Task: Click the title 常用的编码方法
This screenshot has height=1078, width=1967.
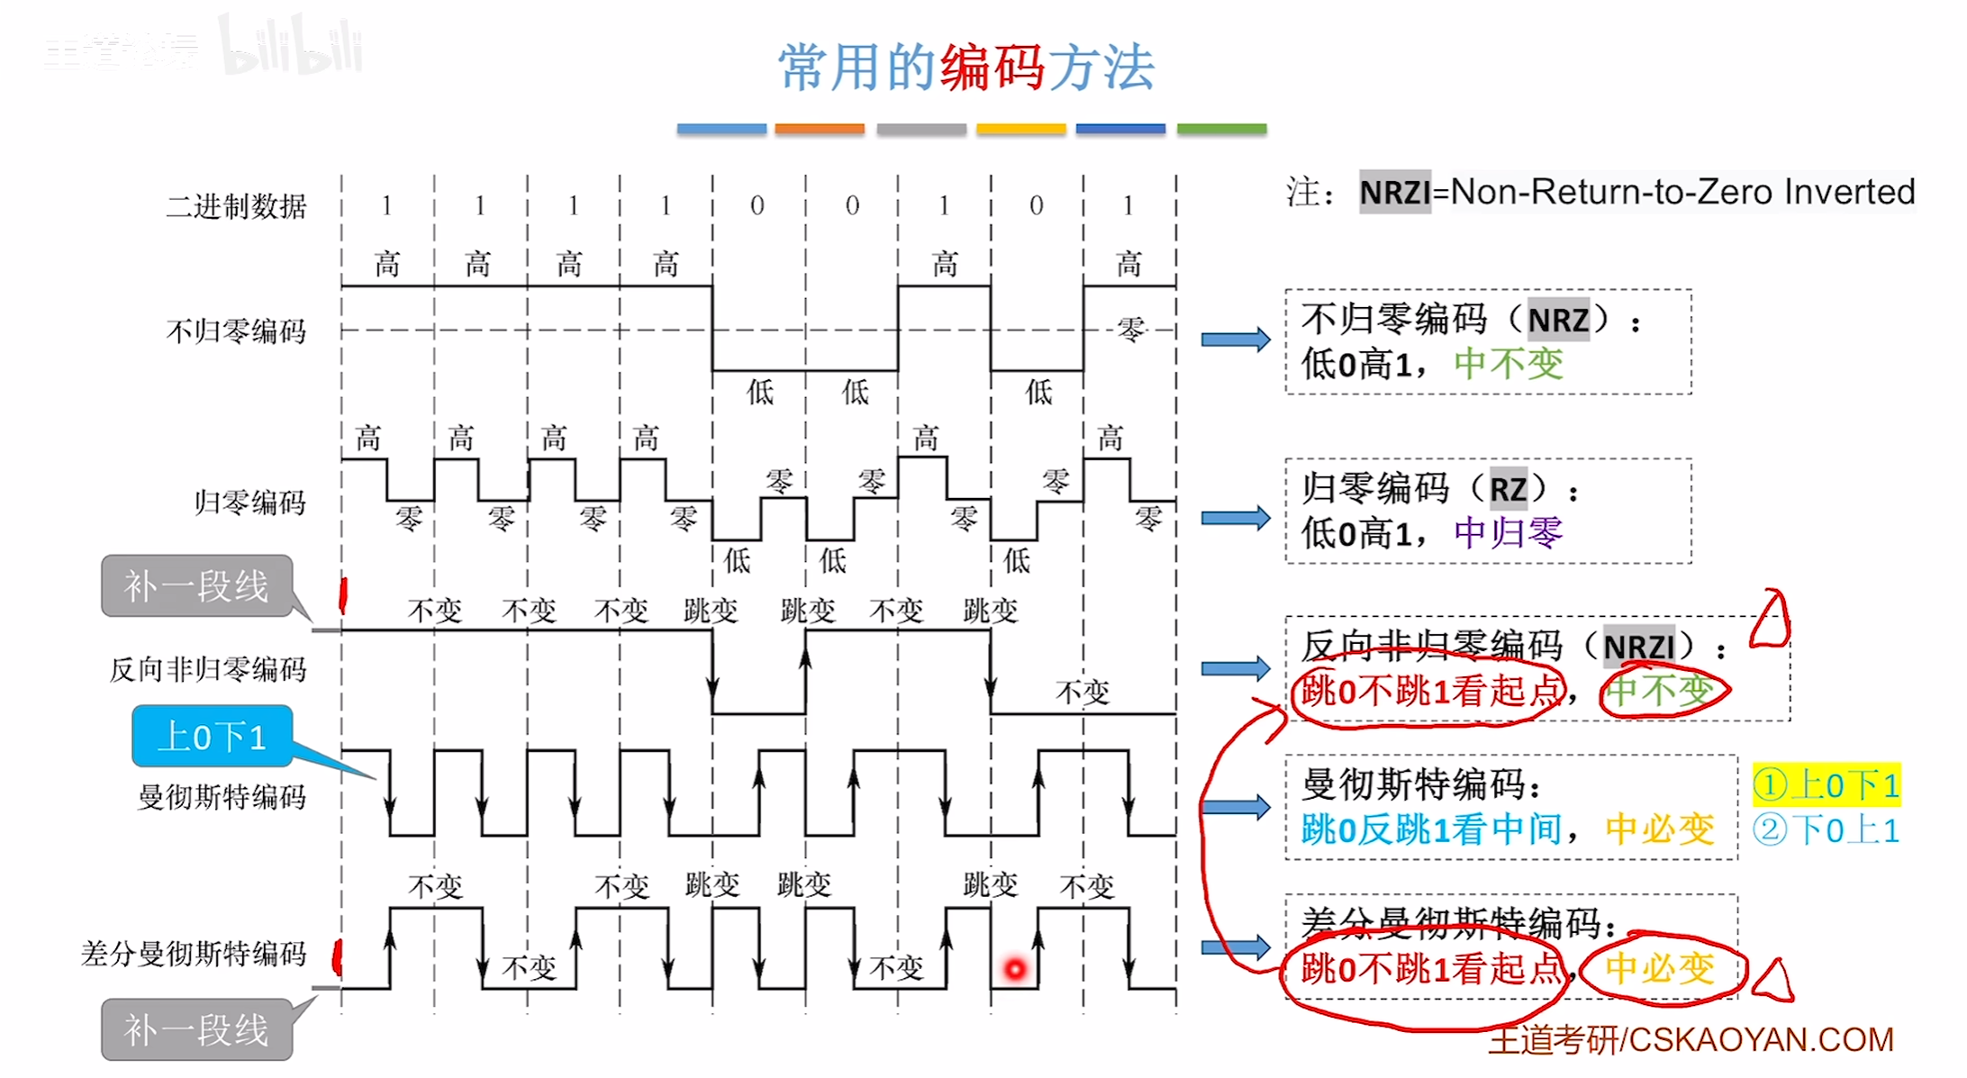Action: pos(965,68)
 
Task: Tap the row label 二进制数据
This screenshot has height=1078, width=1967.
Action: pos(236,206)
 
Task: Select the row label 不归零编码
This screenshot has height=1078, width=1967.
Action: pos(236,331)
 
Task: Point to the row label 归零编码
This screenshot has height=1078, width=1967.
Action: pos(250,502)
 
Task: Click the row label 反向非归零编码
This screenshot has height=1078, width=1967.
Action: pos(208,669)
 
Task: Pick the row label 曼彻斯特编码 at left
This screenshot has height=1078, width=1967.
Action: pos(222,796)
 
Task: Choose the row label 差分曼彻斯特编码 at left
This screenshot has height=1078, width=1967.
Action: pos(194,953)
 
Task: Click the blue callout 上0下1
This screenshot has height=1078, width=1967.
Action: pos(213,737)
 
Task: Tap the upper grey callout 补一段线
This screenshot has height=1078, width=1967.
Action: pos(196,586)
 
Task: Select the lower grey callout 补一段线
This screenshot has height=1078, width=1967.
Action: pos(196,1029)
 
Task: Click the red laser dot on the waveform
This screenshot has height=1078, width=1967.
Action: pos(1015,969)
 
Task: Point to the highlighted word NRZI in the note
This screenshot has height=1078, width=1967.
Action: pos(1394,193)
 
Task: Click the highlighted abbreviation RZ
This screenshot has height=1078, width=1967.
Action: pos(1508,490)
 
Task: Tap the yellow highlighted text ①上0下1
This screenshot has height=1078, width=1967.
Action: pos(1826,785)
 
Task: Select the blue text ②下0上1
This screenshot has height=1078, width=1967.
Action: pos(1826,830)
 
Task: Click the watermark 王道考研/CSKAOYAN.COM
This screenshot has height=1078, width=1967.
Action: pos(1691,1040)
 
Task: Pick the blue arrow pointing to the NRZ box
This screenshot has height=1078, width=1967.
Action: pos(1235,340)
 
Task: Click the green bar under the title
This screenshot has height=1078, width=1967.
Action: pos(1221,130)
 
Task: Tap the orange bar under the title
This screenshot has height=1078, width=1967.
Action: pos(819,130)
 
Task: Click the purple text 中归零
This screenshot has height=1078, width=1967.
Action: pos(1509,533)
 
